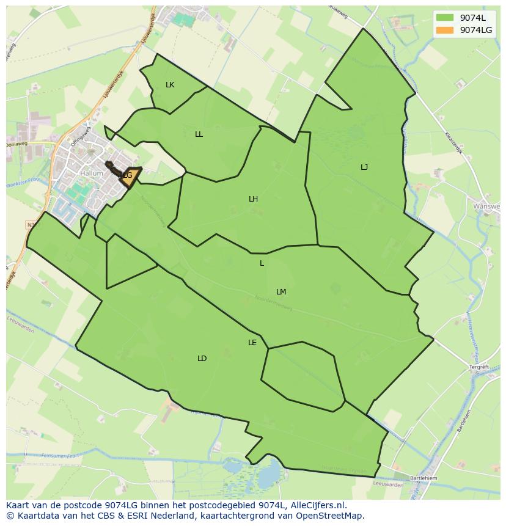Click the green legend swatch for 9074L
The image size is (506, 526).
(445, 18)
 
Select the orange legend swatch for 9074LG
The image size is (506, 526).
(445, 30)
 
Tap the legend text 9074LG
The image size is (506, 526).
(476, 30)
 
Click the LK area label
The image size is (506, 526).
(170, 85)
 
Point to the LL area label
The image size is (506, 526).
(199, 134)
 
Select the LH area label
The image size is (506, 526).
(253, 199)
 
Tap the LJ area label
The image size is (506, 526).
(364, 167)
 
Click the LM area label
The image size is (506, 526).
(281, 292)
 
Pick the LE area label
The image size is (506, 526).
(252, 343)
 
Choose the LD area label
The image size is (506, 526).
(202, 359)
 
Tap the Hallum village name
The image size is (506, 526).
(92, 174)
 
